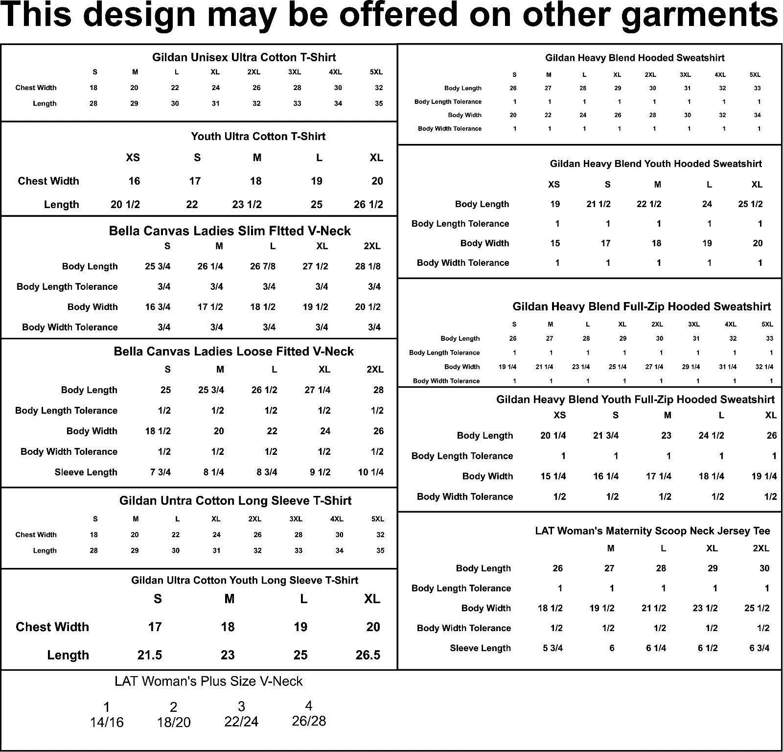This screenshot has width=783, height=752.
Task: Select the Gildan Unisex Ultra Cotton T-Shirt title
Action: point(244,57)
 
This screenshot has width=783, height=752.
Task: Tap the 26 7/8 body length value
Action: point(263,266)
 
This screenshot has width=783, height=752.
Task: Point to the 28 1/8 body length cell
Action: point(368,266)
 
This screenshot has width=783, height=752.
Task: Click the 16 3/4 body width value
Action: point(158,307)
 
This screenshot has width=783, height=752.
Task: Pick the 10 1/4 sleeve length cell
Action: point(370,472)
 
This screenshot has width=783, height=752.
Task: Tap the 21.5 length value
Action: point(149,655)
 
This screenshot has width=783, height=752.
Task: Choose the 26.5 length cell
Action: point(368,655)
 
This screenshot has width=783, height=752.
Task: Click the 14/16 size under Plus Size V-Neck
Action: point(107,723)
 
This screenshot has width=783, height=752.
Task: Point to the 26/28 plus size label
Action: point(308,721)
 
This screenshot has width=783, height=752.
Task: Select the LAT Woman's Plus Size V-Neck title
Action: point(208,681)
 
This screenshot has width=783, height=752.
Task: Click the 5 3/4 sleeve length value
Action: point(553,648)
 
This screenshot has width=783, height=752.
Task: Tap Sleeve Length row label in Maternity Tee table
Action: point(480,648)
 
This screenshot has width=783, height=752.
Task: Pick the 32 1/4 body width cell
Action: point(764,367)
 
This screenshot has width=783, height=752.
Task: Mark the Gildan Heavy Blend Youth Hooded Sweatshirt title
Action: point(656,164)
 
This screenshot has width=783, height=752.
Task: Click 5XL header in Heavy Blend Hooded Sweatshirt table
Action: point(755,75)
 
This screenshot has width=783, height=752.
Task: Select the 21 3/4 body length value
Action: point(606,436)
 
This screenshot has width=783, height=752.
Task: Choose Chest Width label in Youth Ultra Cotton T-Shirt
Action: point(48,181)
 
